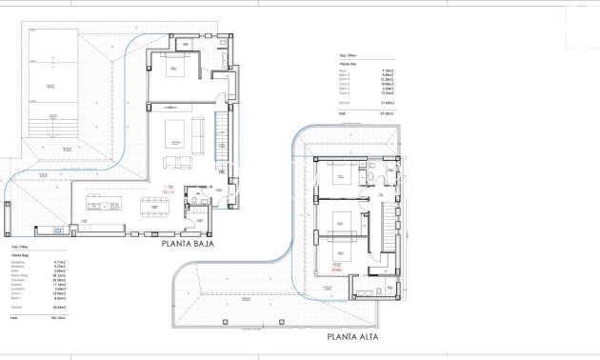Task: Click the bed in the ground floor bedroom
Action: click(175, 75)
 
